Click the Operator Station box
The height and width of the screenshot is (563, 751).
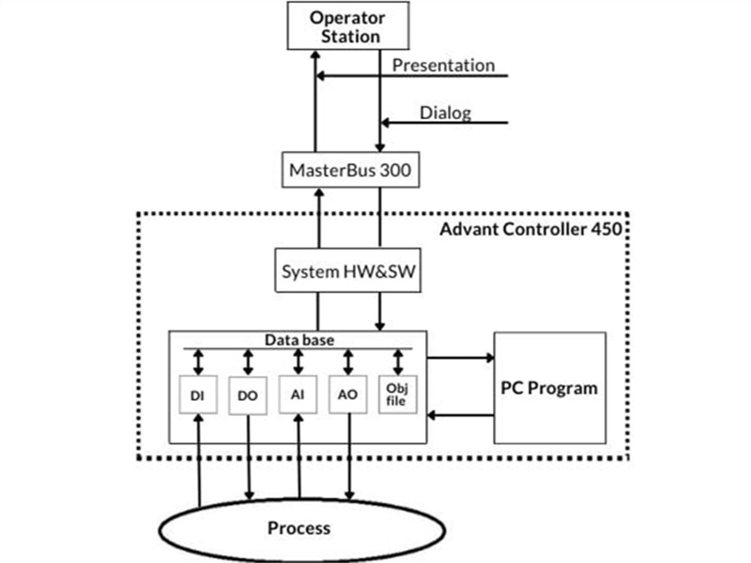click(347, 27)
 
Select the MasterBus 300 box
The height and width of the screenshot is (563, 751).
click(347, 172)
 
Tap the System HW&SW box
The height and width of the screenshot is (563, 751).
click(347, 271)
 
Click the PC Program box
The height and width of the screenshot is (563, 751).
click(549, 388)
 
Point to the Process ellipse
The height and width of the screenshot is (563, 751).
click(299, 528)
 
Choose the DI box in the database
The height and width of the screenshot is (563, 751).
click(197, 396)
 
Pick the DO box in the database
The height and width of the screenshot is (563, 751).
click(248, 396)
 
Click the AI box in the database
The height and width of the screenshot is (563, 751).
click(298, 396)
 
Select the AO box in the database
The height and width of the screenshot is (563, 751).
click(348, 396)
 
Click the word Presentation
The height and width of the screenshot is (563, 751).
click(443, 66)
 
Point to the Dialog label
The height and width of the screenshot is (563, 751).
click(445, 114)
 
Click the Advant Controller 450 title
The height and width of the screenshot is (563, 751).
click(531, 228)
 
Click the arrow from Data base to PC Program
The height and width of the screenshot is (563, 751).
click(460, 357)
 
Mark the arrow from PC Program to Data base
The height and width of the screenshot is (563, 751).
click(460, 415)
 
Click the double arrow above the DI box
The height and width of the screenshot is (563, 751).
click(197, 361)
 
